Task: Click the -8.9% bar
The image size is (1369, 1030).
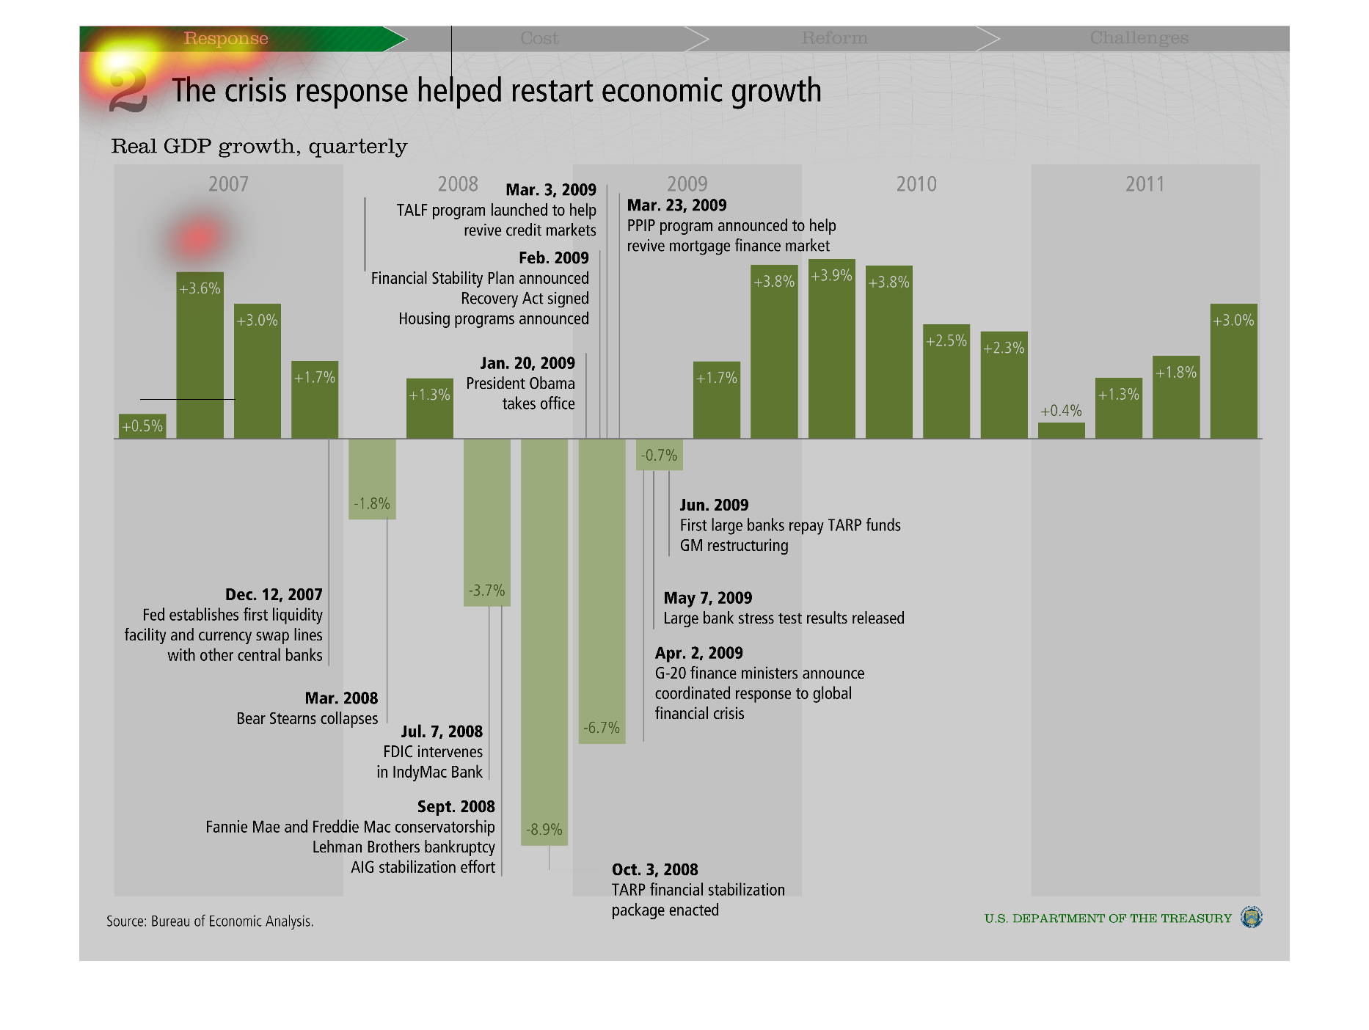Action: pos(544,642)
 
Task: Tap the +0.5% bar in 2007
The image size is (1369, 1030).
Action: pos(142,426)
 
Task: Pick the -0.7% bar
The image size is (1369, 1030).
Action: pos(659,455)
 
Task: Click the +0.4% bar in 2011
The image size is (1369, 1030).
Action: pos(1061,431)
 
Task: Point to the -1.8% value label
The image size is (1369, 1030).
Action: pos(372,504)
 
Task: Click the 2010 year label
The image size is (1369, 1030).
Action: pos(916,184)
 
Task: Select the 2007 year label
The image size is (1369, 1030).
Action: pos(228,184)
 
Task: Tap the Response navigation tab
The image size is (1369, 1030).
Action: pos(226,38)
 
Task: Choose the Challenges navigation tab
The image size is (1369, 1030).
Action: pos(1139,38)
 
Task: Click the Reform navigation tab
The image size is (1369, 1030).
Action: pos(834,38)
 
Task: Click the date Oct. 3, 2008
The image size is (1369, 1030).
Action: pos(654,870)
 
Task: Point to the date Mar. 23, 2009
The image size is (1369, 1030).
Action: pos(676,205)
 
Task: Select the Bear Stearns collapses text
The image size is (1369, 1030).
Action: pos(307,719)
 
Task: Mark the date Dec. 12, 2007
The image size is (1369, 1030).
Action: pos(274,595)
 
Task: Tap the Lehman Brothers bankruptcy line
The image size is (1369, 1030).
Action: pos(404,847)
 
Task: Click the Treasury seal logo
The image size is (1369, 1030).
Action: pos(1251,917)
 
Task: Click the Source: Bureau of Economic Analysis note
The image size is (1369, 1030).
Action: pos(210,921)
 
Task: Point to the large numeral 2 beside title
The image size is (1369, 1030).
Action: pos(128,92)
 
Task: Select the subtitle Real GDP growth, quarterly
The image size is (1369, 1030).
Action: pos(259,147)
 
